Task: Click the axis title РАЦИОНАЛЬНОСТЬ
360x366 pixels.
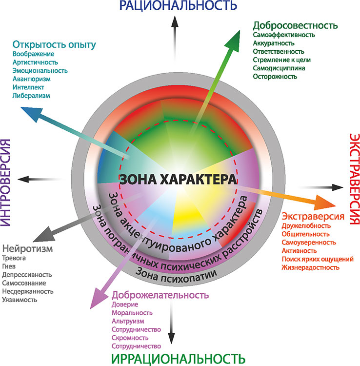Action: coord(178,5)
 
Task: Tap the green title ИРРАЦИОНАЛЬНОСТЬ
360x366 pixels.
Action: coord(178,360)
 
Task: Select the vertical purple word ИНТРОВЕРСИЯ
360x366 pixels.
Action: coord(5,183)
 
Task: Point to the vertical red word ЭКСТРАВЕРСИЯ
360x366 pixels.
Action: coord(355,179)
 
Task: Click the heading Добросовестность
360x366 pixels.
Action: coord(296,25)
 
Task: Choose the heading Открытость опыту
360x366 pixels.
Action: coord(54,45)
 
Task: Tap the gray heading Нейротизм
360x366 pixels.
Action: coord(27,248)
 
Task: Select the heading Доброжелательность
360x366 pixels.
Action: coord(160,295)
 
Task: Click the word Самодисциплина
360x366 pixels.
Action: coord(279,68)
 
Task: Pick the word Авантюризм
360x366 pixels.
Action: coord(32,79)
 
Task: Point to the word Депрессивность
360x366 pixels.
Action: coord(27,275)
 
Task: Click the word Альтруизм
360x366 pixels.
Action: coord(128,321)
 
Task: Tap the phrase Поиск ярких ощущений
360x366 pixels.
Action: coord(318,259)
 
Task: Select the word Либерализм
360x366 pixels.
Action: coord(31,96)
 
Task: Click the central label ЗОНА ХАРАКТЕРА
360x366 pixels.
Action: coord(178,180)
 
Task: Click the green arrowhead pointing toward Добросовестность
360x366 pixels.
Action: coord(233,41)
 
